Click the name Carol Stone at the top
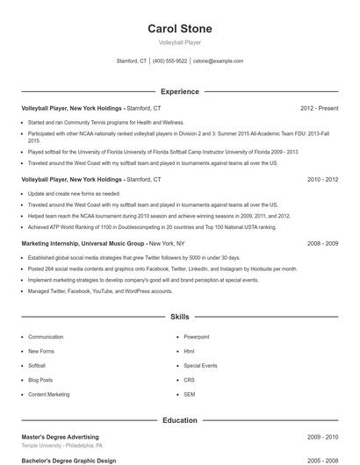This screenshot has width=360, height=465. click(179, 29)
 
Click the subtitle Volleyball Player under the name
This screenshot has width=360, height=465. click(179, 42)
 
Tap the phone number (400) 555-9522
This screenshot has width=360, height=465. click(170, 61)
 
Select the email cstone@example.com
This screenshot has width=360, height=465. click(218, 61)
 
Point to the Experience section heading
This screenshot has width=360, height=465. click(179, 91)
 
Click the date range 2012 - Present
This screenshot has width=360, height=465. click(319, 108)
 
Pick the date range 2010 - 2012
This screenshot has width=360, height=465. click(322, 179)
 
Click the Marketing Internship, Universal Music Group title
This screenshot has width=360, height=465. click(83, 242)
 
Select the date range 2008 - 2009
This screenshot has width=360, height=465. click(322, 242)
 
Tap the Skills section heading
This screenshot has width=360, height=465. click(179, 316)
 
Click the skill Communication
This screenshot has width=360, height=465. click(46, 337)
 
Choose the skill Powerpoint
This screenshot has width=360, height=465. click(196, 337)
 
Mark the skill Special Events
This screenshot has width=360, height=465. click(200, 366)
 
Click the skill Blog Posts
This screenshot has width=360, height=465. click(40, 380)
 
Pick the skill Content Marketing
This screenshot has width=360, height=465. click(48, 395)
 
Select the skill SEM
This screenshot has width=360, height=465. click(189, 395)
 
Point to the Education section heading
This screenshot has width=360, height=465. click(179, 420)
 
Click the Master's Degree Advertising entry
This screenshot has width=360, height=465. click(60, 437)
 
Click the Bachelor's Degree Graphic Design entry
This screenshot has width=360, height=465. click(68, 460)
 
